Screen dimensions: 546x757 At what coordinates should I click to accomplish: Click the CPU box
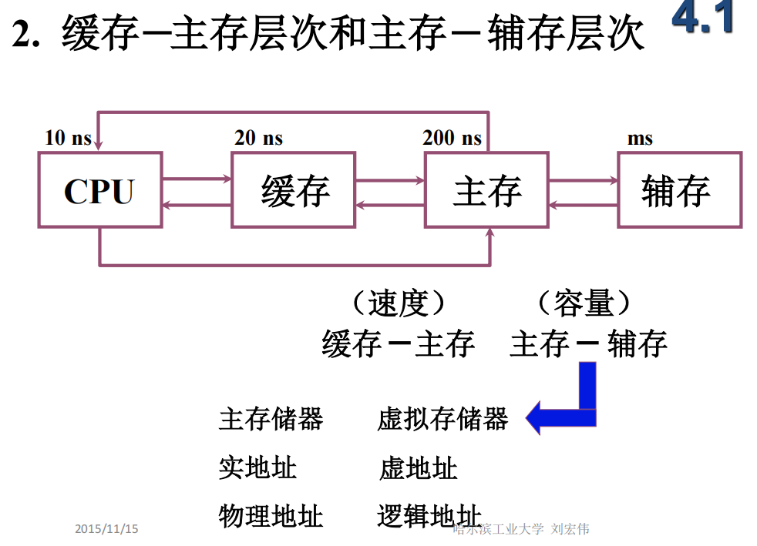(x=100, y=189)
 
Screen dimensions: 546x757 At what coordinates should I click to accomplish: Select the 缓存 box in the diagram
(x=293, y=189)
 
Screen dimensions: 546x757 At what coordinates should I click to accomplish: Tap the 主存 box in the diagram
(x=487, y=189)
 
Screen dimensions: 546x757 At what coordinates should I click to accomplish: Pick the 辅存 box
(x=679, y=189)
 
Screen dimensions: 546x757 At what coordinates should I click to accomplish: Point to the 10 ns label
(x=68, y=138)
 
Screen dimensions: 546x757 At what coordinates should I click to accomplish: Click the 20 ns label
(x=258, y=138)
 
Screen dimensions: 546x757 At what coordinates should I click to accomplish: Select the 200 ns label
(x=452, y=138)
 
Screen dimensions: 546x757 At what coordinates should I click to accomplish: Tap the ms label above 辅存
(x=640, y=139)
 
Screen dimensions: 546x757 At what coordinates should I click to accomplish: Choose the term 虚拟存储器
(x=442, y=419)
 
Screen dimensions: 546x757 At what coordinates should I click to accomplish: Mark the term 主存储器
(x=271, y=419)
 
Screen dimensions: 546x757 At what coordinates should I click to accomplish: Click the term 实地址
(x=257, y=467)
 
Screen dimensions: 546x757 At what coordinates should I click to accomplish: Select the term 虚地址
(x=419, y=467)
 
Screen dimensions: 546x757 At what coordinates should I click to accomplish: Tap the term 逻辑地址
(x=429, y=515)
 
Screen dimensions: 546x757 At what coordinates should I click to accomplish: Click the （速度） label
(x=398, y=303)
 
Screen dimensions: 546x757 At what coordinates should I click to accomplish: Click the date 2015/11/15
(x=106, y=529)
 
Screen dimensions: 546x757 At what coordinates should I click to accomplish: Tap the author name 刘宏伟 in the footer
(x=571, y=529)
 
